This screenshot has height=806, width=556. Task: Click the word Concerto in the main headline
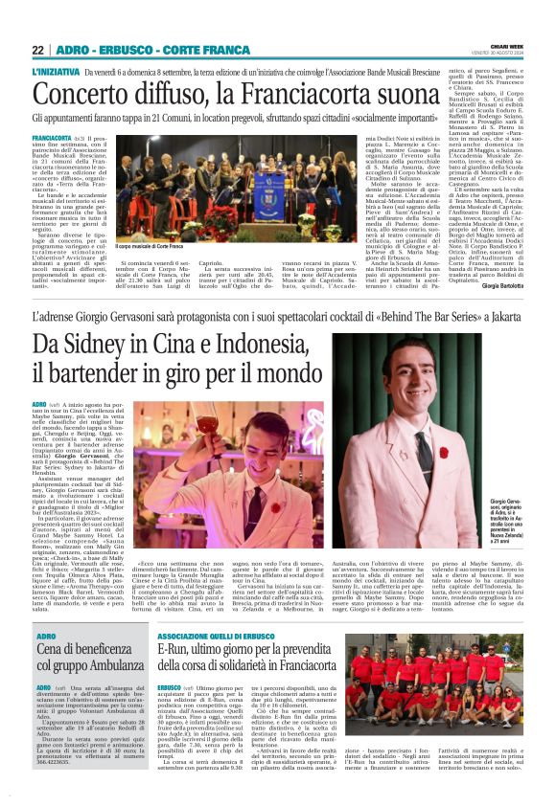point(83,95)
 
